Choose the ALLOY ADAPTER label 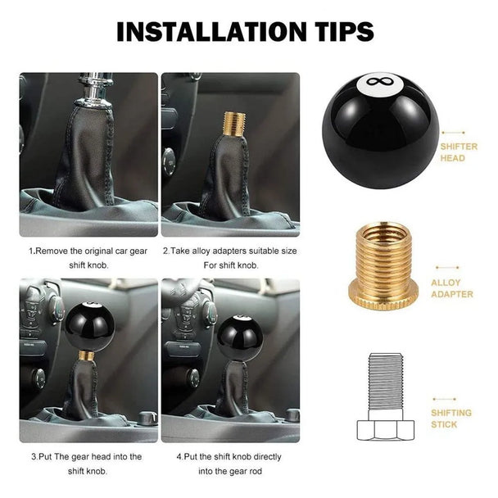click(451, 288)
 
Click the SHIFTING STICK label click(451, 419)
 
